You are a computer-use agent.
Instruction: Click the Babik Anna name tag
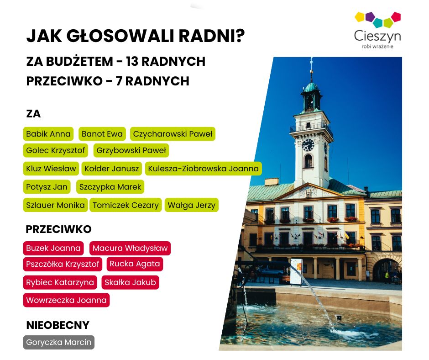coord(48,134)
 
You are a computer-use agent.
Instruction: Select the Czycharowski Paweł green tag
coord(173,134)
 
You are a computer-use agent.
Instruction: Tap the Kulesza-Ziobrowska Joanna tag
coord(203,169)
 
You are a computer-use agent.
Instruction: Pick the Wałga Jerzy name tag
coord(192,205)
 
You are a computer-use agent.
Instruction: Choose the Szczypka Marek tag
coord(110,187)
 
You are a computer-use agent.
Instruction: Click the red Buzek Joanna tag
coord(53,248)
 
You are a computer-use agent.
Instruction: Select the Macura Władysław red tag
coord(130,248)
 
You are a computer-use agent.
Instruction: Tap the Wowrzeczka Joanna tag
coord(66,300)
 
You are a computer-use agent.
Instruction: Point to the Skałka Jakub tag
coord(130,282)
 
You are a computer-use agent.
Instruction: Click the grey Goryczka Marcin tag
coord(58,343)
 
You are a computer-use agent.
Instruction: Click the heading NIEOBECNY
coord(58,325)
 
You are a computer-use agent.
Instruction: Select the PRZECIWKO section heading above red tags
coord(58,229)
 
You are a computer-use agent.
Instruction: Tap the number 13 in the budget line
coord(132,61)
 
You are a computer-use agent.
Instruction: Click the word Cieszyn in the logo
coord(377,36)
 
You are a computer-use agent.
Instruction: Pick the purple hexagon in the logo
coord(370,16)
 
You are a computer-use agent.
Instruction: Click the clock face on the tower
coord(308,145)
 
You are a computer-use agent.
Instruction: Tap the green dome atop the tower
coord(311,87)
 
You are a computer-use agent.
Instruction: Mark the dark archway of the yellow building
coord(387,271)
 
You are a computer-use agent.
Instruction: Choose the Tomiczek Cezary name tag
coord(126,205)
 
